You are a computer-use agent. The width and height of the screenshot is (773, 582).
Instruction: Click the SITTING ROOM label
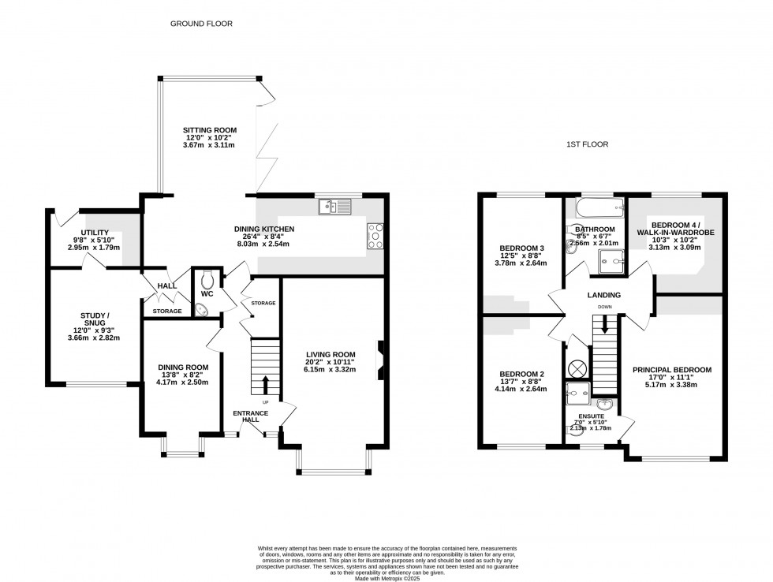(x=209, y=130)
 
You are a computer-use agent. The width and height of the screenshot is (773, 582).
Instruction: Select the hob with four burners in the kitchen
(x=375, y=235)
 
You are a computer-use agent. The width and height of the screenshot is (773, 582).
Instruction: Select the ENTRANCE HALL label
(x=251, y=417)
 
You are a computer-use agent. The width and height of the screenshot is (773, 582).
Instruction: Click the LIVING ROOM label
(x=332, y=354)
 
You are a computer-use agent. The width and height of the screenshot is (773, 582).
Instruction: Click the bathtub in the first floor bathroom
(x=595, y=208)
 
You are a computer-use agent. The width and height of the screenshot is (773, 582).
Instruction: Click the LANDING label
(x=603, y=295)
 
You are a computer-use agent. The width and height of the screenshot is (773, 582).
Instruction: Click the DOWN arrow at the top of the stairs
(x=605, y=323)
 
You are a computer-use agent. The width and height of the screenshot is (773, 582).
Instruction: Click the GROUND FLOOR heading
(x=202, y=24)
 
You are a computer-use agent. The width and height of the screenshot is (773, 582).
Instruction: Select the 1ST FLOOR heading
(x=588, y=144)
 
